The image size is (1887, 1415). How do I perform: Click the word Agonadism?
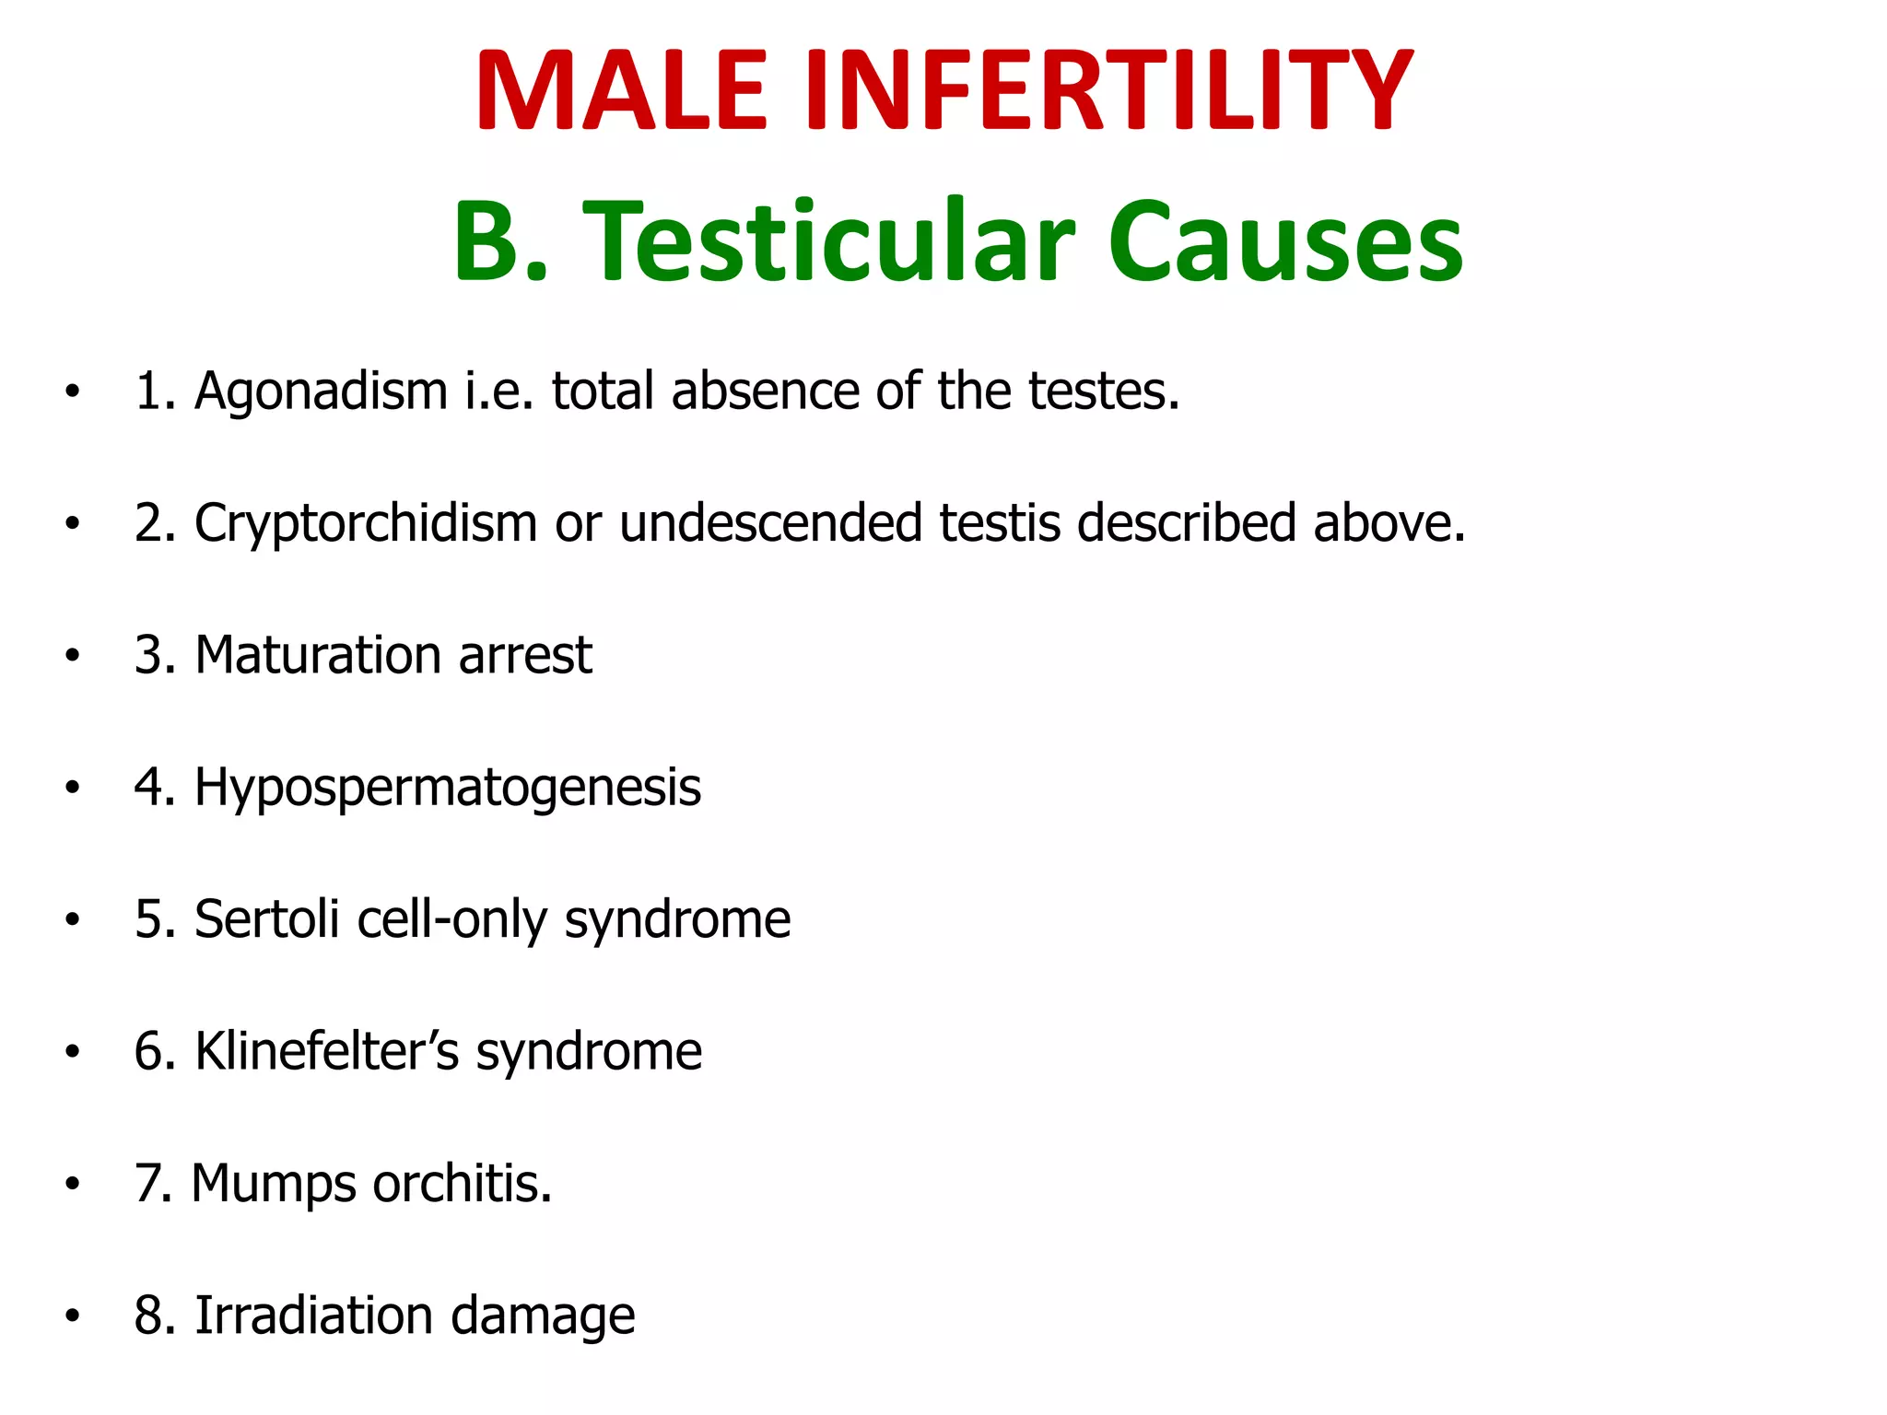coord(321,392)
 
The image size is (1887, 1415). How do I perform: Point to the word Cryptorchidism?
coord(366,524)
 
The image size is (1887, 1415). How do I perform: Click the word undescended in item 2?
coord(770,522)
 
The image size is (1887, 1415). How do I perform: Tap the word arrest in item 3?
coord(525,655)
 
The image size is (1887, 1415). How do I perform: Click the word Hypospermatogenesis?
coord(448,789)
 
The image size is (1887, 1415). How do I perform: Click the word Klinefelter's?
coord(327,1051)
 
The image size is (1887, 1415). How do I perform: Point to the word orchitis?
coord(462,1183)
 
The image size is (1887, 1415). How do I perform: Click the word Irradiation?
coord(313,1316)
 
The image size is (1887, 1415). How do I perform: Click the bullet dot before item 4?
coord(73,789)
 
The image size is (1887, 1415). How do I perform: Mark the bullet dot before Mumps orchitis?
coord(73,1185)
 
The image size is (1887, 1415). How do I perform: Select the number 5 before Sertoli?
coord(148,919)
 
